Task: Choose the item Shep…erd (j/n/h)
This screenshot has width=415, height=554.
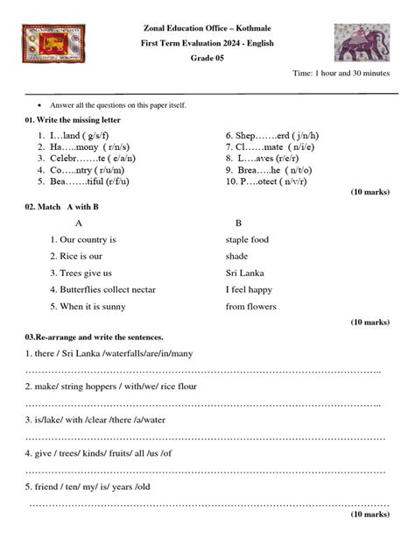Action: pyautogui.click(x=271, y=136)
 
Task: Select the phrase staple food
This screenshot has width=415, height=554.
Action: pyautogui.click(x=247, y=239)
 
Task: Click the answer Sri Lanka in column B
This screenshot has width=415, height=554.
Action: pyautogui.click(x=244, y=273)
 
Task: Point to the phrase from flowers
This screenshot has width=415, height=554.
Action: pyautogui.click(x=250, y=307)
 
